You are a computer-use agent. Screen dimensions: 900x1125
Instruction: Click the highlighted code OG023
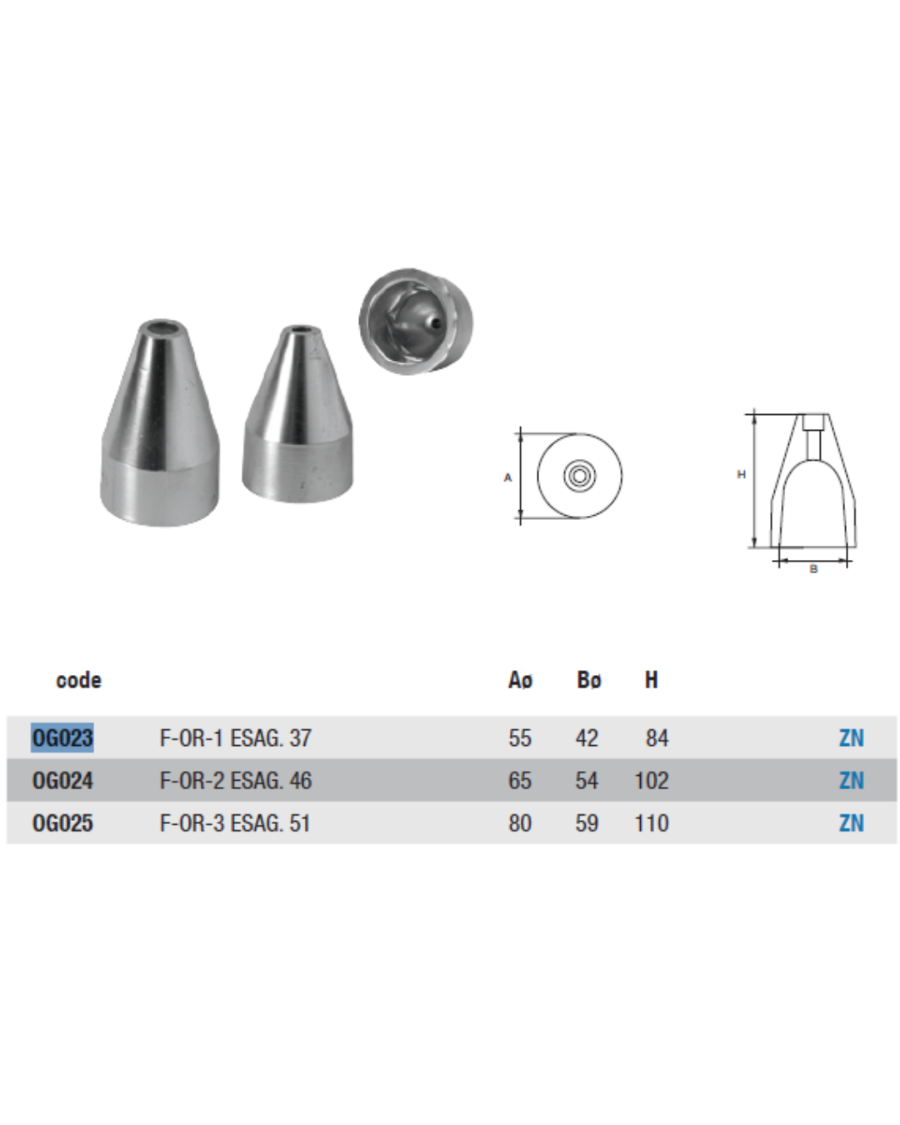point(62,737)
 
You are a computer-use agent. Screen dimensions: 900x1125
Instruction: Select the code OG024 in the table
point(62,780)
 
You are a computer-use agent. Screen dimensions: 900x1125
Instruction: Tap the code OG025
point(62,822)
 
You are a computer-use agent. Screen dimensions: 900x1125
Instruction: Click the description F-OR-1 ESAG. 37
point(235,737)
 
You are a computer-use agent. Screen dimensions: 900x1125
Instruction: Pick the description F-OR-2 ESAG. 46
point(235,780)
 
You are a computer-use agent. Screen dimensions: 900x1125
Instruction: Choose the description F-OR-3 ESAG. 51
point(235,822)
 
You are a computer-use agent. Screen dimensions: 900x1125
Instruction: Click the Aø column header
point(520,680)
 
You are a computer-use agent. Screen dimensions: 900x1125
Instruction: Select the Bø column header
point(589,680)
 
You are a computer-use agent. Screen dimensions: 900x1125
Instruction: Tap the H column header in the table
point(651,680)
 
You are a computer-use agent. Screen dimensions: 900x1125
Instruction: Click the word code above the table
point(78,680)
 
